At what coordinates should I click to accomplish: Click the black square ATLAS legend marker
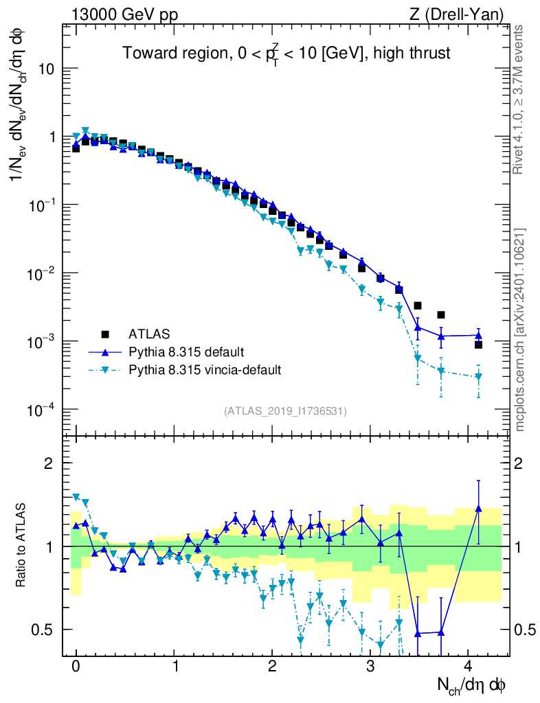pos(106,334)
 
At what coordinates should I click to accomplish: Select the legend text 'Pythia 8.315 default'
pos(185,352)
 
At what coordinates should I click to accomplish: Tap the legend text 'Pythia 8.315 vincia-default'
pos(205,370)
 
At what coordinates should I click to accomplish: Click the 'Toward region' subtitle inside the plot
pos(286,54)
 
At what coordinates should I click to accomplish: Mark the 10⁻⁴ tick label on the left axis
pos(41,410)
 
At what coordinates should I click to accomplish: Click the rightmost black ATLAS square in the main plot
pos(478,344)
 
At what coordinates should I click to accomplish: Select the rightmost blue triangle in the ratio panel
pos(478,509)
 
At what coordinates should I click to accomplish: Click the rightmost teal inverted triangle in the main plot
pos(478,377)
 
